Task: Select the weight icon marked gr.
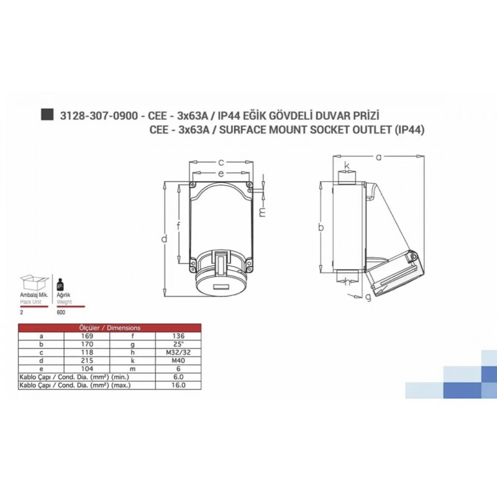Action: (x=61, y=285)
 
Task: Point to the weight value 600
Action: (x=61, y=312)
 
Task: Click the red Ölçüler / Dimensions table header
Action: (x=109, y=327)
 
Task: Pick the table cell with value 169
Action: (x=87, y=336)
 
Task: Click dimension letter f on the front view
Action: (x=179, y=225)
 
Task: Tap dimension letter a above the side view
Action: (x=378, y=157)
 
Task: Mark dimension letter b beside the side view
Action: (x=321, y=227)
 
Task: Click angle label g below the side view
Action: (x=368, y=297)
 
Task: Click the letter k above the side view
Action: (x=347, y=165)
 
